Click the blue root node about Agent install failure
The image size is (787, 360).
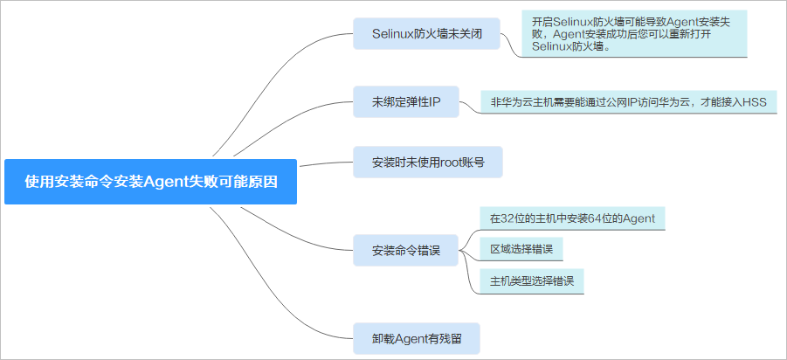(x=150, y=182)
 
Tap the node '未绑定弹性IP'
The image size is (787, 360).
(x=406, y=102)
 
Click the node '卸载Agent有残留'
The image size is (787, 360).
(x=417, y=337)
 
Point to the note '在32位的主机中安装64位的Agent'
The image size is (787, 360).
(x=572, y=218)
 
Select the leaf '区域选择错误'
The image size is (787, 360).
(x=521, y=250)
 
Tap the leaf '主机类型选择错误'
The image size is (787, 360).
(x=531, y=281)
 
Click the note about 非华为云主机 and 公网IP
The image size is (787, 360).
(x=628, y=102)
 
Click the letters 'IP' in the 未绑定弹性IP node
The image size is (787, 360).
(x=434, y=102)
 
